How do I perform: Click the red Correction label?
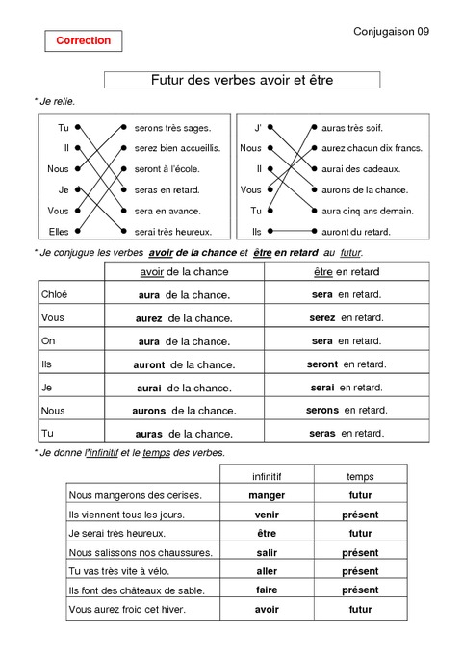coord(83,41)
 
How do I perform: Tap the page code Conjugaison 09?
coord(392,32)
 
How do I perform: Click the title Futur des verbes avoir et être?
coord(242,80)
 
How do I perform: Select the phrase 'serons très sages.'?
coord(172,127)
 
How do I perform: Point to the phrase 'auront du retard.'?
coord(356,231)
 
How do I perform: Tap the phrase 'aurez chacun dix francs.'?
coord(372,148)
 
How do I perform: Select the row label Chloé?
coord(55,294)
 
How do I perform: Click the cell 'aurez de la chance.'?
coord(184,317)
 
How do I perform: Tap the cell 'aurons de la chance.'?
coord(184,411)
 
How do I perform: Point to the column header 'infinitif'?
coord(267,476)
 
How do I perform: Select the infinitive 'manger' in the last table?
coord(267,495)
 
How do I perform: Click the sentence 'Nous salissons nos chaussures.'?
coord(141,552)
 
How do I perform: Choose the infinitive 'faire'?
coord(267,590)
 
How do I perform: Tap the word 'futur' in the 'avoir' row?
coord(360,610)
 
